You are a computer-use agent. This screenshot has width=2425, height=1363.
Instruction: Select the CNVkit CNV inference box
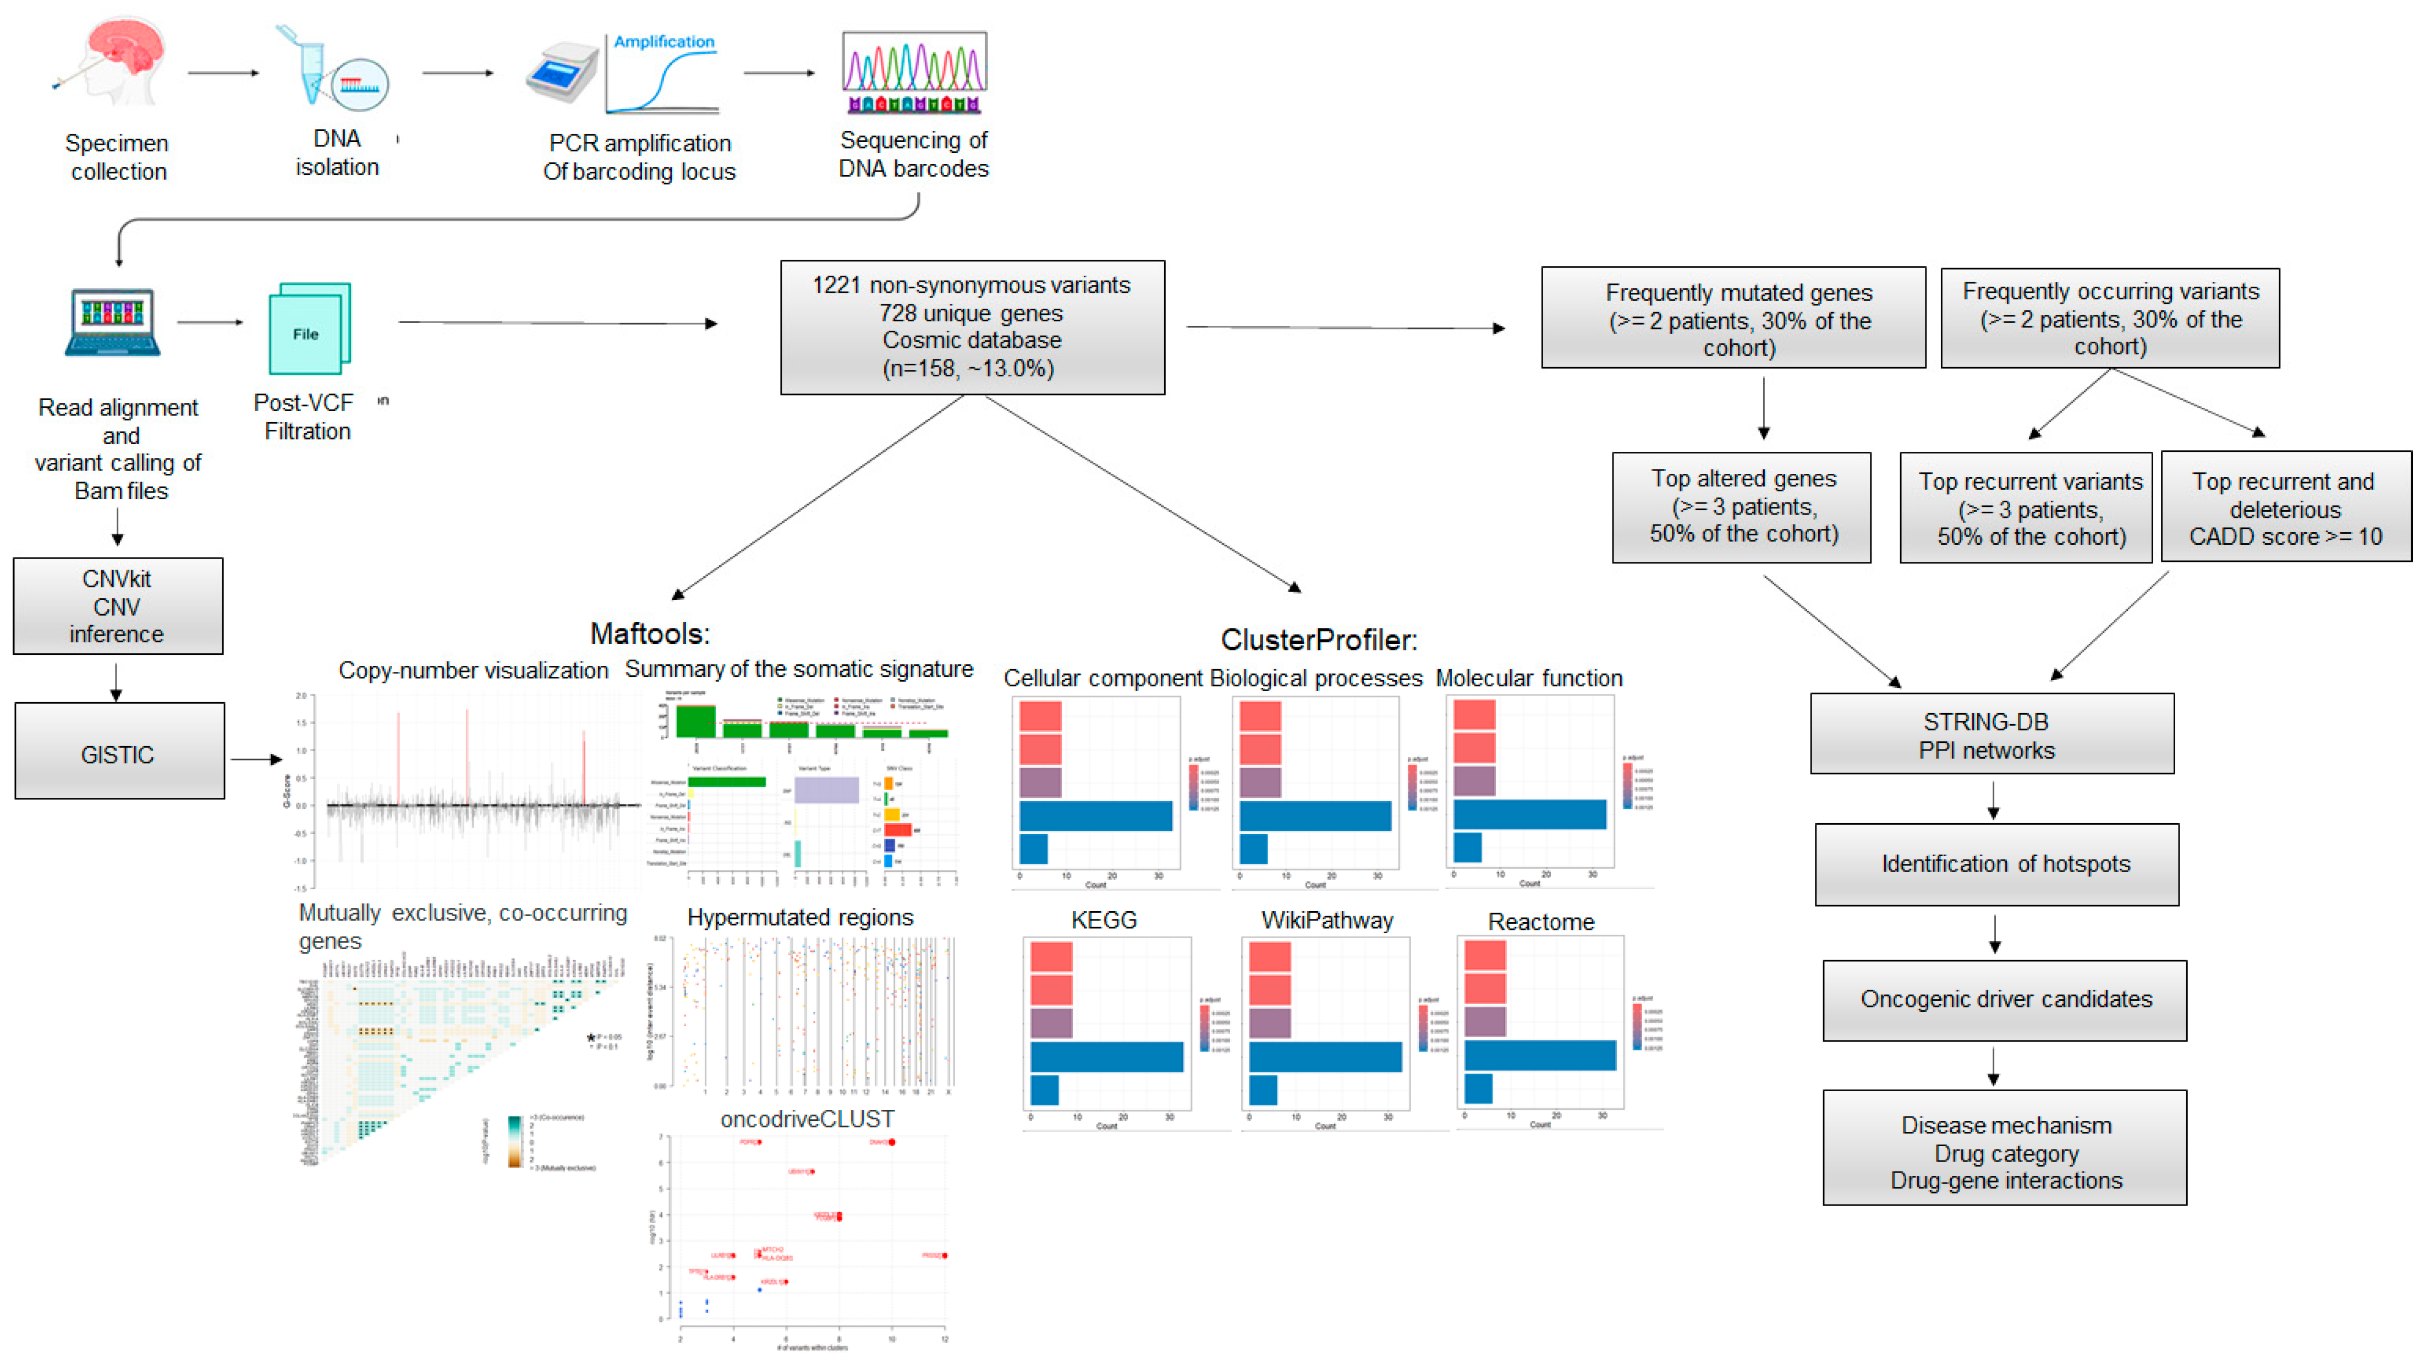tap(118, 606)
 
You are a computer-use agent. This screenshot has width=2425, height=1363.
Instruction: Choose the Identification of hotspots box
tap(1996, 864)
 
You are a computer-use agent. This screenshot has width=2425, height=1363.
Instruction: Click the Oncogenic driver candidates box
tap(2004, 1000)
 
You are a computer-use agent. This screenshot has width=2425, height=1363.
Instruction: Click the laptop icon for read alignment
tap(113, 322)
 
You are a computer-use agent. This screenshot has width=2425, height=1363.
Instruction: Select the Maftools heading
tap(650, 633)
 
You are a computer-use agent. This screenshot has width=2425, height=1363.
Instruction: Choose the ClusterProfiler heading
tap(1318, 640)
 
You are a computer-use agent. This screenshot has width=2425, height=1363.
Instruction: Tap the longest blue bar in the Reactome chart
tap(1539, 1055)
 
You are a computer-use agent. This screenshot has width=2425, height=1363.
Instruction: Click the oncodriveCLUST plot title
tap(806, 1118)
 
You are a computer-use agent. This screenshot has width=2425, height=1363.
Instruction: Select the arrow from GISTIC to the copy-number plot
tap(255, 759)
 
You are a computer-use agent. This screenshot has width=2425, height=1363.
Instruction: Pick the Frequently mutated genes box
tap(1733, 318)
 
